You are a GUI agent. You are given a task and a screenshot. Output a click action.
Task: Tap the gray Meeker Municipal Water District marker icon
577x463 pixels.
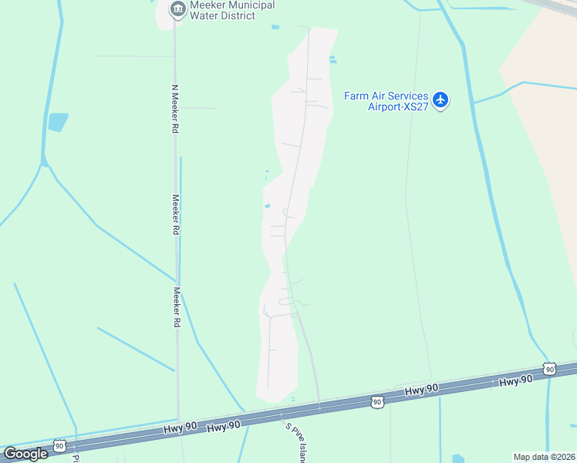coord(178,9)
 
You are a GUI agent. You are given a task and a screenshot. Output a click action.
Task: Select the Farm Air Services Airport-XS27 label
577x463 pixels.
coord(386,101)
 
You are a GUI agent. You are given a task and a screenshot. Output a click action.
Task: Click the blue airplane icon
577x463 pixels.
coord(440,100)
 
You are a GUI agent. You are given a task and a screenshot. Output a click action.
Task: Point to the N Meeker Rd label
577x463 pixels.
coord(175,109)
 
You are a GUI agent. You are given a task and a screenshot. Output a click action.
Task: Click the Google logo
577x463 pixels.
coord(25,454)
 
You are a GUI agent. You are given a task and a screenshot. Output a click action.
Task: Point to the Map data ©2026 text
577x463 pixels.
coord(544,457)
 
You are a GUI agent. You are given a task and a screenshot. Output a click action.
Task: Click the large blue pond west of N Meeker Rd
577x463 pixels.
coord(58,122)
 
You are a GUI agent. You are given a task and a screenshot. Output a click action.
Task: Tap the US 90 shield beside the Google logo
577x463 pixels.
coord(59,445)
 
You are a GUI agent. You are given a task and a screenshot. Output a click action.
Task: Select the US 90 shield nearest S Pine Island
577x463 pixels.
coord(376,402)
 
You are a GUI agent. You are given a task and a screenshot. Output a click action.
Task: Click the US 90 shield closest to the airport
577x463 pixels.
coord(548,369)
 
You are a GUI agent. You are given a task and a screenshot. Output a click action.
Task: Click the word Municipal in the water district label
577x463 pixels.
coord(247,5)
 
